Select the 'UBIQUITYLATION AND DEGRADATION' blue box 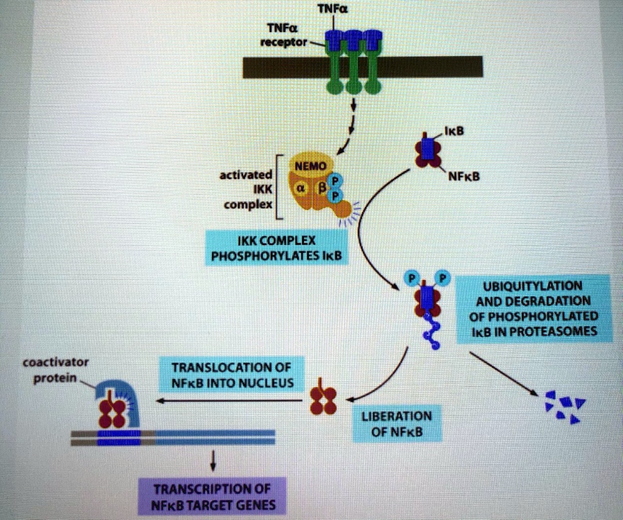[x=533, y=308]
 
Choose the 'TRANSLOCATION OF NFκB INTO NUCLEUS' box [x=231, y=375]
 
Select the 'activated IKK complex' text [x=242, y=189]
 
